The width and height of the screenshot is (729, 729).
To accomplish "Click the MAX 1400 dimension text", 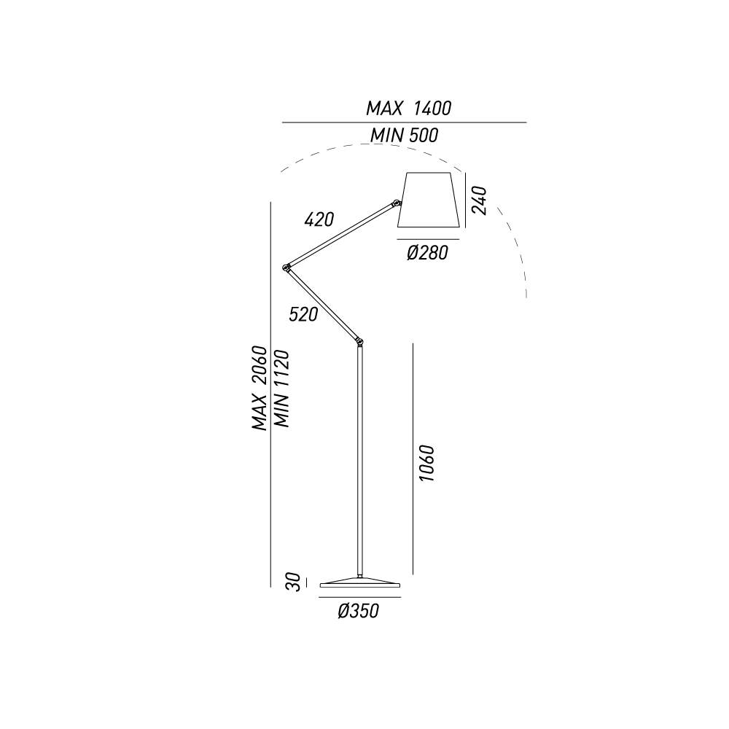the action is click(409, 109).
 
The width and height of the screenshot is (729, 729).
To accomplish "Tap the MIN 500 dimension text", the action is click(404, 136).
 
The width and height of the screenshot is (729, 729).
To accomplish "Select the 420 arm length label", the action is click(319, 219).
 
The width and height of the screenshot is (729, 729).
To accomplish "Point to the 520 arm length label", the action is click(303, 315).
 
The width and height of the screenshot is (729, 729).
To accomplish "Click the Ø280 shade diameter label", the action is click(427, 253).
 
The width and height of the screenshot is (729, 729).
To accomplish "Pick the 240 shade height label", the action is click(480, 200).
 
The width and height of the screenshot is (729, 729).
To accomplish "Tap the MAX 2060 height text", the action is click(260, 388).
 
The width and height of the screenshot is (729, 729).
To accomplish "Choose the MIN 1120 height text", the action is click(281, 389).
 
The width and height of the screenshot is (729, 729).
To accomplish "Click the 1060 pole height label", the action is click(426, 463).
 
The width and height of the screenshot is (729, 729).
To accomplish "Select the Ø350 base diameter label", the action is click(359, 611).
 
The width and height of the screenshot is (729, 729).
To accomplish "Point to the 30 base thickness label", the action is click(293, 582).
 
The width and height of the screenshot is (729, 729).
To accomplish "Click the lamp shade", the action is click(429, 200).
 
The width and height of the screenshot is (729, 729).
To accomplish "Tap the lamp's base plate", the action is click(360, 582).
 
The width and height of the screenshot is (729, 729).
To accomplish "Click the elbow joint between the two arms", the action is click(286, 268).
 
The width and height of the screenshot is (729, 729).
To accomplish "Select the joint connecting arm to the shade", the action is click(397, 203).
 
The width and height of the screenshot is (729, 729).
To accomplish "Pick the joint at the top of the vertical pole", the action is click(359, 342).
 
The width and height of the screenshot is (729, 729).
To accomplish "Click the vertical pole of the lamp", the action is click(360, 461).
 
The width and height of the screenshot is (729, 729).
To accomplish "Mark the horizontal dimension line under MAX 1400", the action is click(404, 122).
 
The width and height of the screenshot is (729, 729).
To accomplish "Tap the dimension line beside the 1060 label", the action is click(413, 459).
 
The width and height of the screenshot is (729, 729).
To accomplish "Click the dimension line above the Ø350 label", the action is click(360, 598).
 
